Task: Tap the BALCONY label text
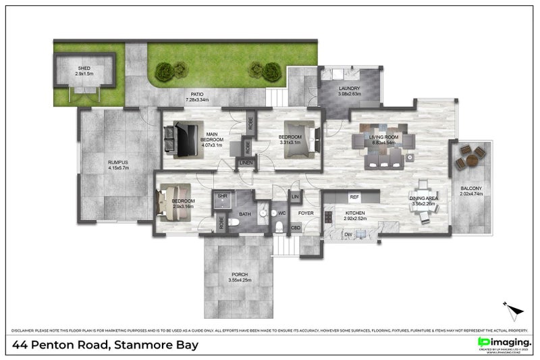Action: [470, 191]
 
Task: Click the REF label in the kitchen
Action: [353, 197]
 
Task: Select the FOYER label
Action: [306, 214]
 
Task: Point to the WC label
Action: [281, 214]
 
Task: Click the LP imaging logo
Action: [505, 343]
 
